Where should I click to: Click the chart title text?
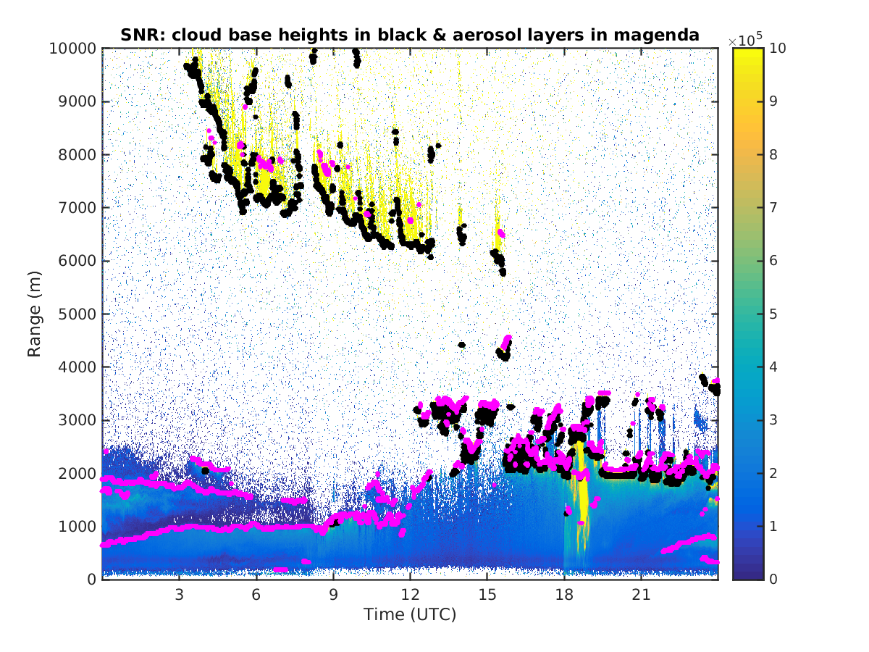point(410,34)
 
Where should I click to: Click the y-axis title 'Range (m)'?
point(34,313)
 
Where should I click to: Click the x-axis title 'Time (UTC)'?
point(410,615)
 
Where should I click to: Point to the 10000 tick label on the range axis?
point(73,49)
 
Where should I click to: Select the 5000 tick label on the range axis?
point(77,314)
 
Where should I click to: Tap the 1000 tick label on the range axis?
point(77,526)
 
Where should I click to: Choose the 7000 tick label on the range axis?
point(77,208)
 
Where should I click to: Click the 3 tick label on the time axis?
point(179,594)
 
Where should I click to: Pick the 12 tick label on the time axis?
point(410,594)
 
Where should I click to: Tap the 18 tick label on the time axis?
point(564,594)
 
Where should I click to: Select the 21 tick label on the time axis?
point(641,594)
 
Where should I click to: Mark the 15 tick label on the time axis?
point(487,594)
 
